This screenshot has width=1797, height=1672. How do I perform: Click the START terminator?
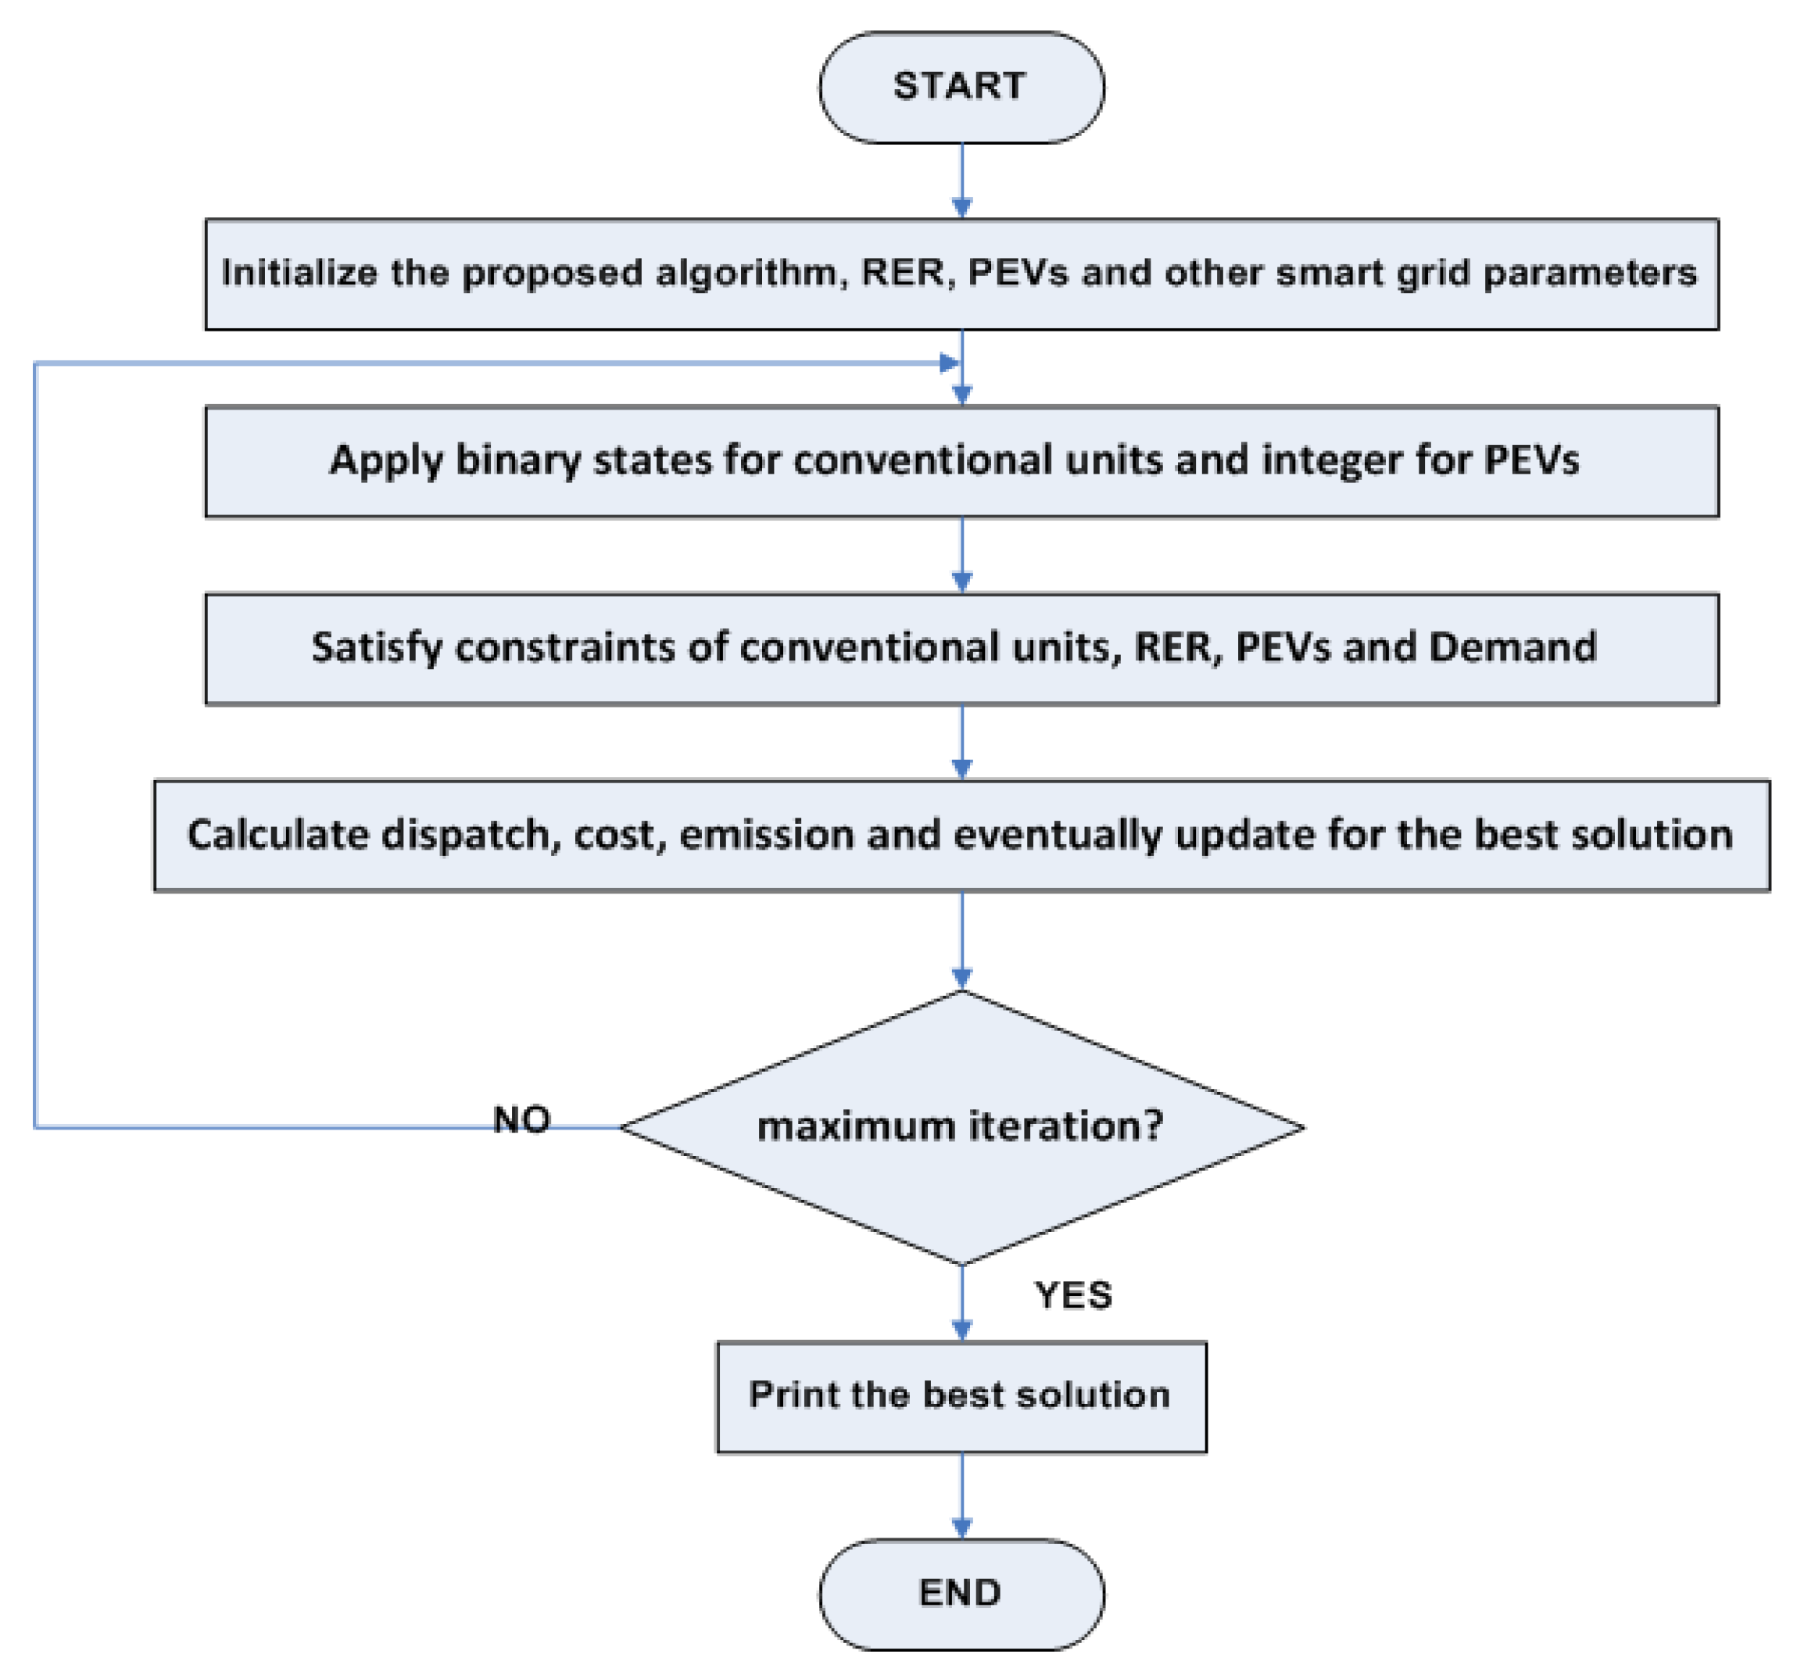961,88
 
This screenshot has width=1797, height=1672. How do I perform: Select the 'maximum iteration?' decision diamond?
961,1127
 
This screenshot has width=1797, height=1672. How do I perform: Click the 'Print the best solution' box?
961,1396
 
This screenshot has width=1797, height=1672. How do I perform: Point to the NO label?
521,1120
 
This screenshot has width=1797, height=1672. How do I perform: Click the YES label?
1073,1295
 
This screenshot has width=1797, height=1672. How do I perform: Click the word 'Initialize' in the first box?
299,273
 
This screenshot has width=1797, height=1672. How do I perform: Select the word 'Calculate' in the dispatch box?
277,834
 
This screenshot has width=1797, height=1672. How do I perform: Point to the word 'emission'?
767,835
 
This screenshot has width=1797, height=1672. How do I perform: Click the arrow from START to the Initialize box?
961,181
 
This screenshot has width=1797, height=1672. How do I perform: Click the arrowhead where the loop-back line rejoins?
949,363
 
